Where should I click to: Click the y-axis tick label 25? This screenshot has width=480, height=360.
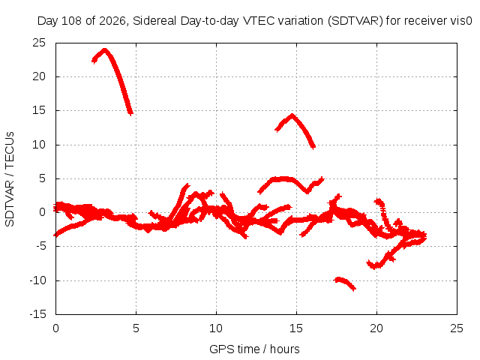(39, 43)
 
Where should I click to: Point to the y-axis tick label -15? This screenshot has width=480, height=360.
(37, 314)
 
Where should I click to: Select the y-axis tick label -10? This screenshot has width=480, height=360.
(37, 280)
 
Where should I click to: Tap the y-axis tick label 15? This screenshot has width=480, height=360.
(39, 110)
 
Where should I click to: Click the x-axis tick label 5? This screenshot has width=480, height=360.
(136, 328)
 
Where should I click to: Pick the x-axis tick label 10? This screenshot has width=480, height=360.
(216, 328)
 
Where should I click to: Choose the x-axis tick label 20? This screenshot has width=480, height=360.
(376, 328)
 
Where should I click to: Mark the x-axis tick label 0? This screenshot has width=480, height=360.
(55, 328)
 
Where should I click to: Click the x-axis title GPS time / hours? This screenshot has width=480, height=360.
(254, 349)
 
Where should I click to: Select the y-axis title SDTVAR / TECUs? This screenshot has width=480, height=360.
(10, 179)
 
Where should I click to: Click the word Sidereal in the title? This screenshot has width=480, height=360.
(154, 21)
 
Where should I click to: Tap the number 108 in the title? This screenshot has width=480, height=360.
(72, 21)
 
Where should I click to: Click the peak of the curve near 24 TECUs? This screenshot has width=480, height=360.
(105, 49)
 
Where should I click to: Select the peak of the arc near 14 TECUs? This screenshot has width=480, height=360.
(292, 115)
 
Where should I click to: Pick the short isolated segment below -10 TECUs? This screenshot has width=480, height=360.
(345, 283)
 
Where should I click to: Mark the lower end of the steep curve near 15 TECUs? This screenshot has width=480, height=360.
(130, 113)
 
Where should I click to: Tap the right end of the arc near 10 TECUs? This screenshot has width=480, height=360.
(313, 147)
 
